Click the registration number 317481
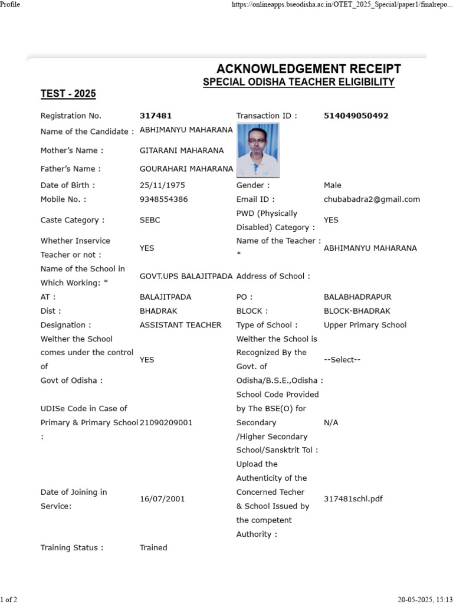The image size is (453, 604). point(156,116)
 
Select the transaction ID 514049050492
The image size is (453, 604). point(356,116)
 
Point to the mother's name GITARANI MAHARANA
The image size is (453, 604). point(182,150)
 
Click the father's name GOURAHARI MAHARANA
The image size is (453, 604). point(186,169)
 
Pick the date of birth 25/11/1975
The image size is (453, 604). point(162,185)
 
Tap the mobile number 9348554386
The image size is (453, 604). point(163,199)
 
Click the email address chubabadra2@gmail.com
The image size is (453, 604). point(372,199)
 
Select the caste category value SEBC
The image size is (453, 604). point(150,220)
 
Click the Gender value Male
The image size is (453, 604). point(333,185)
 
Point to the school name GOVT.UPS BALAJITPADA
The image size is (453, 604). point(186,276)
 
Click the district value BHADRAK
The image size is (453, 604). point(158,311)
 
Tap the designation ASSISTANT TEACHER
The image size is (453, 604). point(180,325)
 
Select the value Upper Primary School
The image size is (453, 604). point(365,325)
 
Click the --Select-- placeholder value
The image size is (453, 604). point(342,360)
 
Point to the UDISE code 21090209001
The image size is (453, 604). point(166,423)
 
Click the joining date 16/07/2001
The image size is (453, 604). point(162,499)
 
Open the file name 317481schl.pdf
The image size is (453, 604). point(353,499)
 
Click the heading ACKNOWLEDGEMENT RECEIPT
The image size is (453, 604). point(308,69)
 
